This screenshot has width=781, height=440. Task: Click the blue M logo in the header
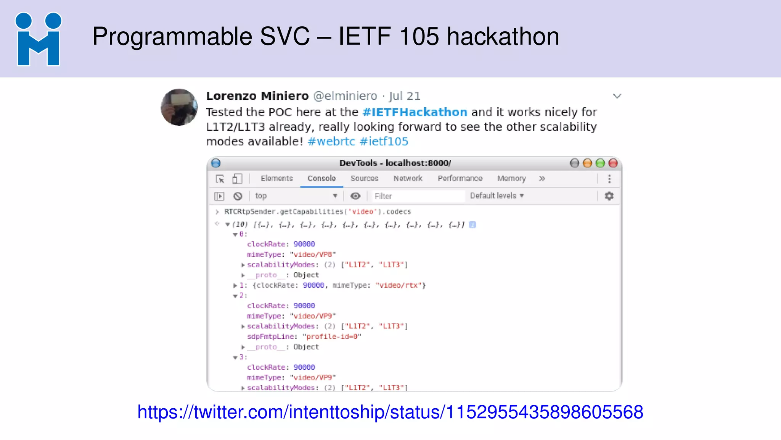[38, 39]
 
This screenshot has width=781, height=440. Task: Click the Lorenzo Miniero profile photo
[179, 107]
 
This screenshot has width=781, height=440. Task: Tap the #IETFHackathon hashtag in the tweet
[415, 112]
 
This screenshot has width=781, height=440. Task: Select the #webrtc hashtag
[331, 141]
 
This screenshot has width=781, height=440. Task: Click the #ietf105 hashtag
[384, 141]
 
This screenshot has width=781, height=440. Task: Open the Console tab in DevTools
[321, 178]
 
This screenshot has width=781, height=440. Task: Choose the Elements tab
[276, 178]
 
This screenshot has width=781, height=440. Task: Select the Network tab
[408, 178]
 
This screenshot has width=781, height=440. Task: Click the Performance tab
[460, 178]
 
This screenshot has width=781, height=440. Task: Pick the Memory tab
[511, 178]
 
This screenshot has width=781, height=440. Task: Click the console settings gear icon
[609, 196]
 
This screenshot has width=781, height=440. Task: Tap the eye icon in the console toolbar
[355, 196]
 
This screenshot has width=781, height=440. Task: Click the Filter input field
[418, 196]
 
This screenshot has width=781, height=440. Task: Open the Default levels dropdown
[497, 196]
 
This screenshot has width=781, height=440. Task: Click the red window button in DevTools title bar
[613, 163]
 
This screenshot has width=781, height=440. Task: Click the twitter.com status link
[390, 412]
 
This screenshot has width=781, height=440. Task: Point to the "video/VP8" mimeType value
[313, 254]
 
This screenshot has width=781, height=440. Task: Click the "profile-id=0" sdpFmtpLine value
[332, 336]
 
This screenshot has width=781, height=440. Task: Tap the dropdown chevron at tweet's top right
[617, 96]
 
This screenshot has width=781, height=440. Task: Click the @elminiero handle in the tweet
[345, 96]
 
